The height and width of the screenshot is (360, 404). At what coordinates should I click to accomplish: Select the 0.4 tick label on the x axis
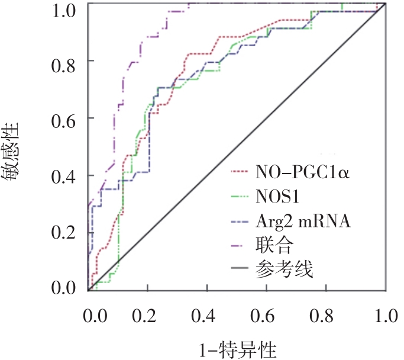click(x=208, y=314)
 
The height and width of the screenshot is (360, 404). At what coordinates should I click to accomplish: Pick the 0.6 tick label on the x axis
click(x=267, y=314)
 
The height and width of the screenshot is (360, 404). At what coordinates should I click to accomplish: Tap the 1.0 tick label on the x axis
click(x=384, y=314)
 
